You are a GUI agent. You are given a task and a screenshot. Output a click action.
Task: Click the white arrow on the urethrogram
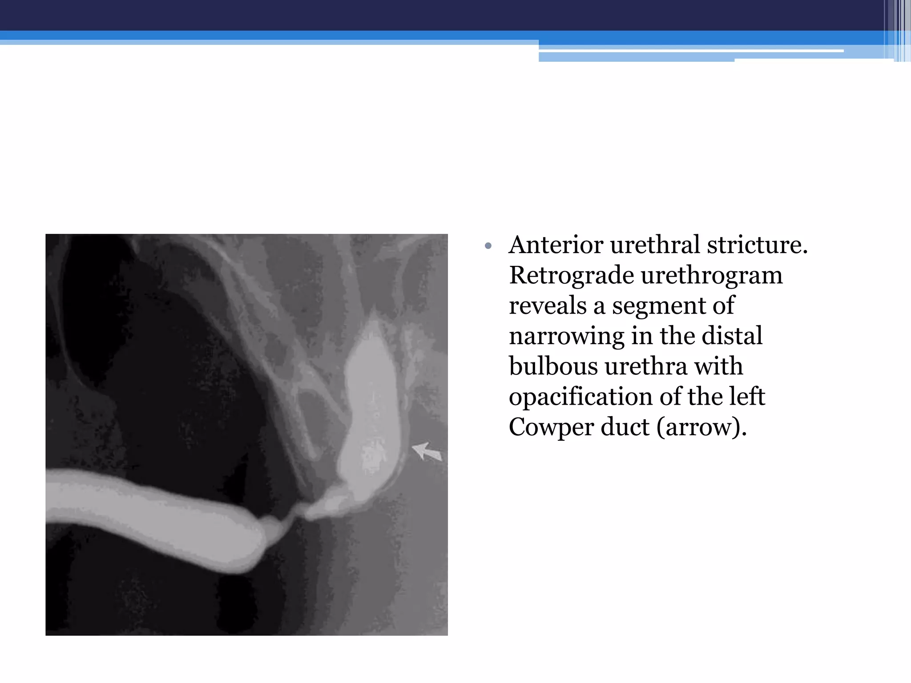coord(427,451)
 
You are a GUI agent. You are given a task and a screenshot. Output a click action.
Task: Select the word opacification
coord(580,397)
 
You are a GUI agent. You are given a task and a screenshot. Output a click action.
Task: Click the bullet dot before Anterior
coord(488,246)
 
